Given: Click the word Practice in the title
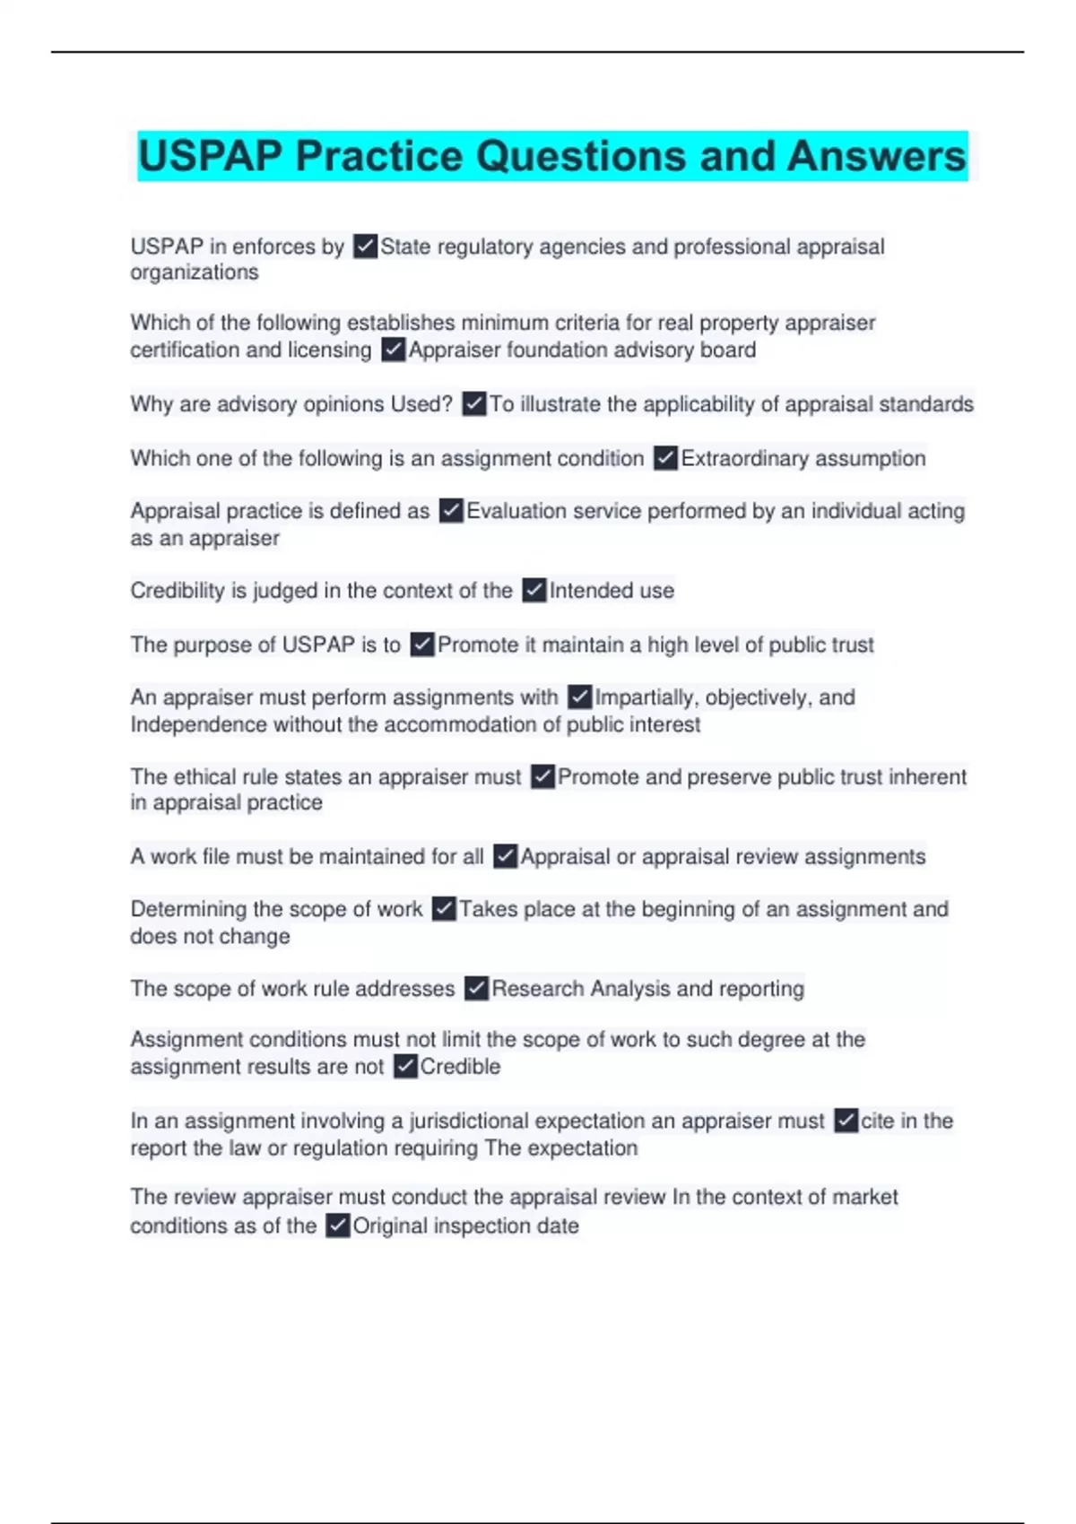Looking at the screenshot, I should [x=380, y=156].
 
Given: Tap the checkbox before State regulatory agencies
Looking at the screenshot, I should [x=365, y=247].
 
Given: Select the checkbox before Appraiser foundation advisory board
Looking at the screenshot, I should [x=393, y=350].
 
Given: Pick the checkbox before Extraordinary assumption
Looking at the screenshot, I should [x=665, y=458].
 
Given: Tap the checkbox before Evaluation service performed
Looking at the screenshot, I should [x=451, y=511].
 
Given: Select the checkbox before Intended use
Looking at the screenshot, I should [x=534, y=591].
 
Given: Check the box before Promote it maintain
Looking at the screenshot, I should [x=422, y=645].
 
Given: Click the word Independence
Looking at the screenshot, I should [x=198, y=724].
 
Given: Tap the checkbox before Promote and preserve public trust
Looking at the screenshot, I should [x=542, y=776].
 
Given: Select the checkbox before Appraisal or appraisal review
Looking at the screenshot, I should [x=506, y=856].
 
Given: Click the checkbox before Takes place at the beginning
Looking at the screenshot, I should [x=444, y=909].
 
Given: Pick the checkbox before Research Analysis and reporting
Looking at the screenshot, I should [x=476, y=989].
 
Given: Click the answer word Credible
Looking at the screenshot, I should [x=460, y=1067].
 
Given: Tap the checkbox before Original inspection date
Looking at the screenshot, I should [x=337, y=1225].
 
